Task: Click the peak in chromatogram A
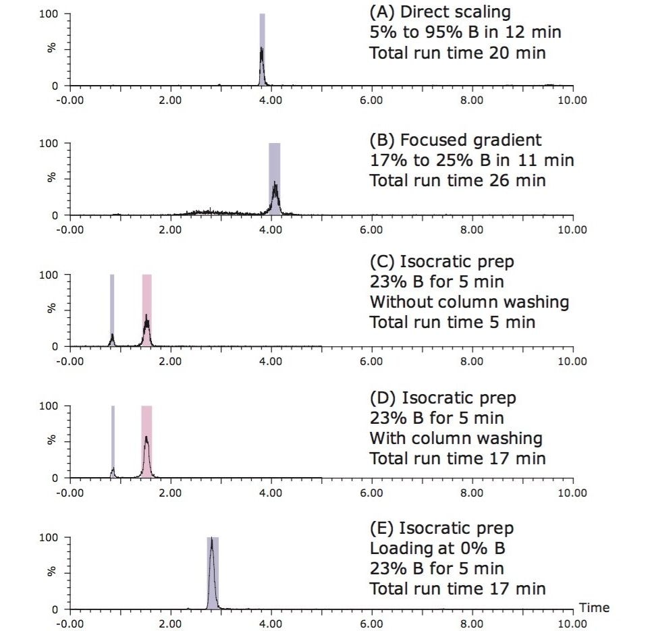coord(262,64)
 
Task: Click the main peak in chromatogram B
coord(275,192)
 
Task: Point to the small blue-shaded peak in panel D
coord(113,470)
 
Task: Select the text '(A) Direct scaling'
coord(439,12)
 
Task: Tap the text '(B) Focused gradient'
coord(455,140)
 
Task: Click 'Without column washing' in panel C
coord(468,302)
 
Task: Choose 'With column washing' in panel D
coord(456,439)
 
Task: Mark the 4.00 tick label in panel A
coord(271,100)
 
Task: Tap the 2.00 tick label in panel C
coord(170,361)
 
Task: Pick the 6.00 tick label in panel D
coord(371,493)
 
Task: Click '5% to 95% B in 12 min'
coord(465,32)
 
